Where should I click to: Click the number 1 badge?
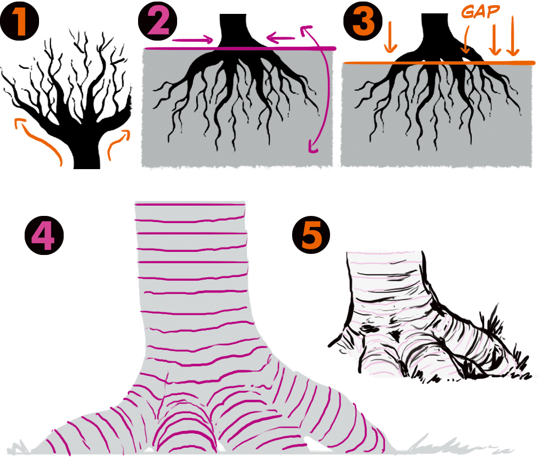tap(20, 22)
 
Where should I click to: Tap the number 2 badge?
tap(158, 22)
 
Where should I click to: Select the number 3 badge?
tap(363, 22)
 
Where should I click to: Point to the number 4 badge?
tap(44, 236)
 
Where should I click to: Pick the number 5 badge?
tap(311, 235)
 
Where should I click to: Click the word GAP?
tap(480, 11)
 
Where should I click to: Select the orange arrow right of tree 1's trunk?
tap(119, 144)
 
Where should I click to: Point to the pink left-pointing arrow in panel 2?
tap(281, 38)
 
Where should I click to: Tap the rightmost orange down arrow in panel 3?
tap(512, 36)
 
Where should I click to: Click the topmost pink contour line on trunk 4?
tap(190, 205)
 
